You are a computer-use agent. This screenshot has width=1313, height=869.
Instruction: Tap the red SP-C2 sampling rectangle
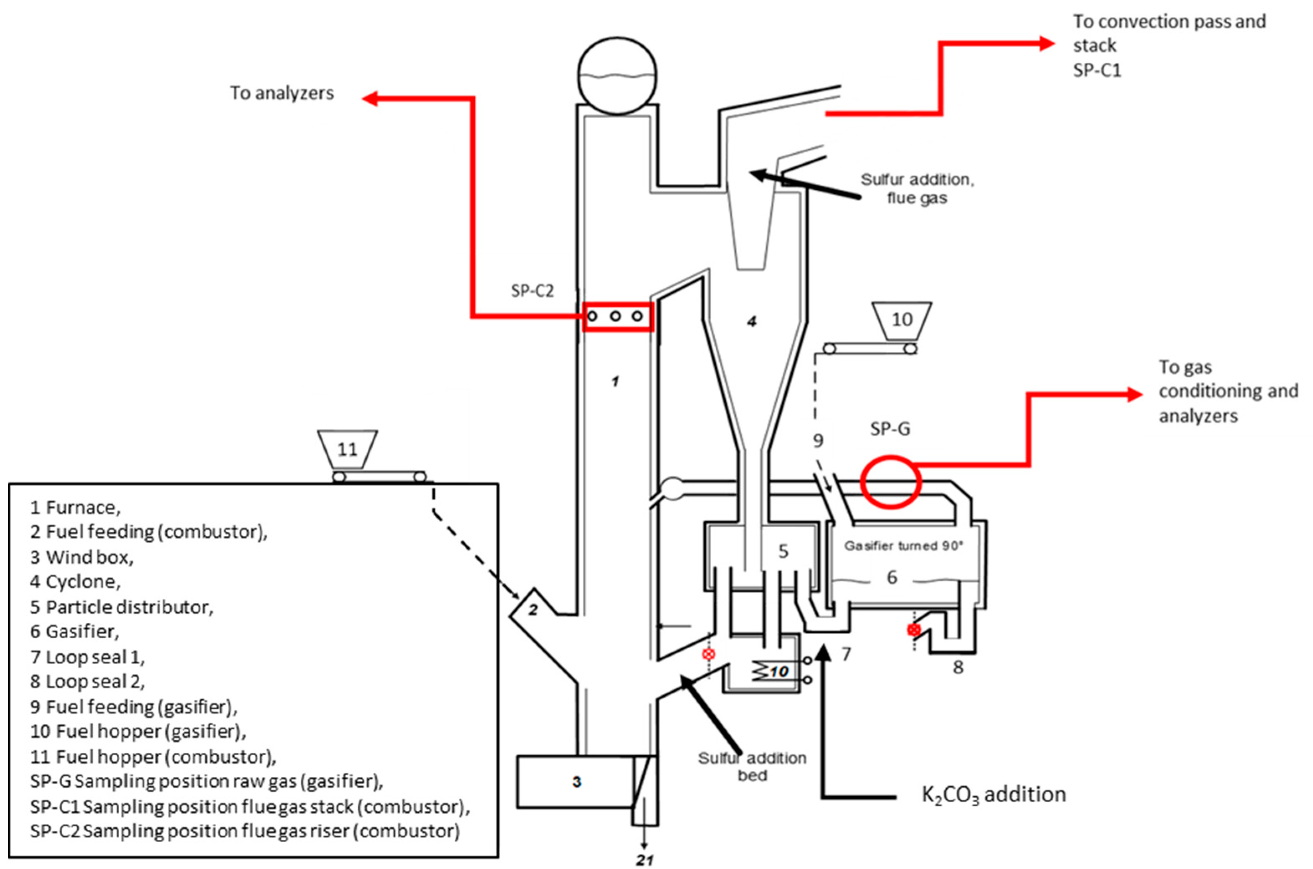coord(617,316)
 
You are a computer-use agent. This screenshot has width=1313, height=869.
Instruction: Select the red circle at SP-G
coord(891,482)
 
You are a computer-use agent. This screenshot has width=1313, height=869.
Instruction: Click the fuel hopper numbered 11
coord(348,449)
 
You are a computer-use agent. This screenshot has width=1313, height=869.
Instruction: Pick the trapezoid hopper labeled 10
coord(901,320)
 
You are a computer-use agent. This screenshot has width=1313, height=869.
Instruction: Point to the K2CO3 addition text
coord(993,794)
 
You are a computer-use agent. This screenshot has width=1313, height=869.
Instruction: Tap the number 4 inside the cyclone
coord(751,321)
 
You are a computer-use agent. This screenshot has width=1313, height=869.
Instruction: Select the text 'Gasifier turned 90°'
coord(903,546)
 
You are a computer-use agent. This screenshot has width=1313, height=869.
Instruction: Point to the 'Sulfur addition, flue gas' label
coord(917,189)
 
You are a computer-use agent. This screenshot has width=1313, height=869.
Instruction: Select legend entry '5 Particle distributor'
coord(121,607)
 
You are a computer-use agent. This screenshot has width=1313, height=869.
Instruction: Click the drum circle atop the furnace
coord(617,76)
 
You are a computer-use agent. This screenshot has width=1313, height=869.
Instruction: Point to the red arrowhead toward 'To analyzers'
coord(370,99)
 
